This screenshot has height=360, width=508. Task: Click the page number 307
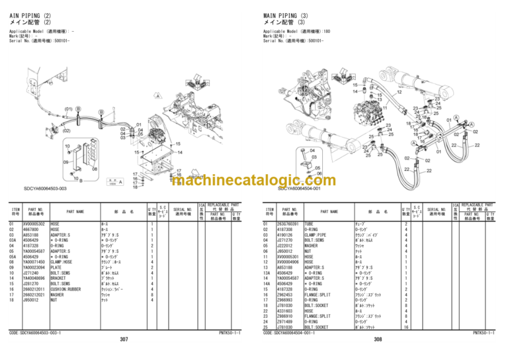click(124, 339)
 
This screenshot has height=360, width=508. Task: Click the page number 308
click(378, 339)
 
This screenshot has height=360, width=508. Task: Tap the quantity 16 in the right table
click(405, 327)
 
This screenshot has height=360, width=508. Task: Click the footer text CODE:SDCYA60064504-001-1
click(296, 333)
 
